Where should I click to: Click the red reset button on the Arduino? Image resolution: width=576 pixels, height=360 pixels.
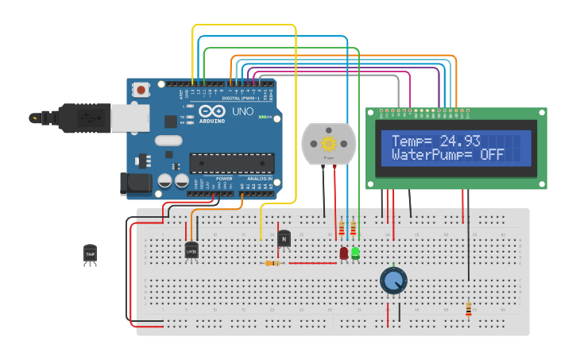(x=141, y=90)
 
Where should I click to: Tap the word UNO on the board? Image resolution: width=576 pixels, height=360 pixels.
(x=242, y=112)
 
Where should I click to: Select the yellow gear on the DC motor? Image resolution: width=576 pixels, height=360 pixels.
(x=328, y=144)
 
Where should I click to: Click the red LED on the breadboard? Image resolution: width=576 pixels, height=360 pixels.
(x=343, y=253)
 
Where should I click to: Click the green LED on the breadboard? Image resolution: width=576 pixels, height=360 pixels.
(x=355, y=253)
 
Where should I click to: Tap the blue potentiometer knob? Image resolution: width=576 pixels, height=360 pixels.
(x=393, y=279)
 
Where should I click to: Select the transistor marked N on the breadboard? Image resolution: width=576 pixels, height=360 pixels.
(x=284, y=237)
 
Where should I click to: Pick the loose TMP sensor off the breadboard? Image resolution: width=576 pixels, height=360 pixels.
(x=90, y=254)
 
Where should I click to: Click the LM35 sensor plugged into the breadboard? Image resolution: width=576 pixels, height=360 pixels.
(x=191, y=250)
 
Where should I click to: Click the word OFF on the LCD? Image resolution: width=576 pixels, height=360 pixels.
(x=491, y=154)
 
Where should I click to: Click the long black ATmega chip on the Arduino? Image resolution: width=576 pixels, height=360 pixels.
(x=231, y=163)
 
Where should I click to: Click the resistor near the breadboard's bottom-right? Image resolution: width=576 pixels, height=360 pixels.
(x=468, y=308)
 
